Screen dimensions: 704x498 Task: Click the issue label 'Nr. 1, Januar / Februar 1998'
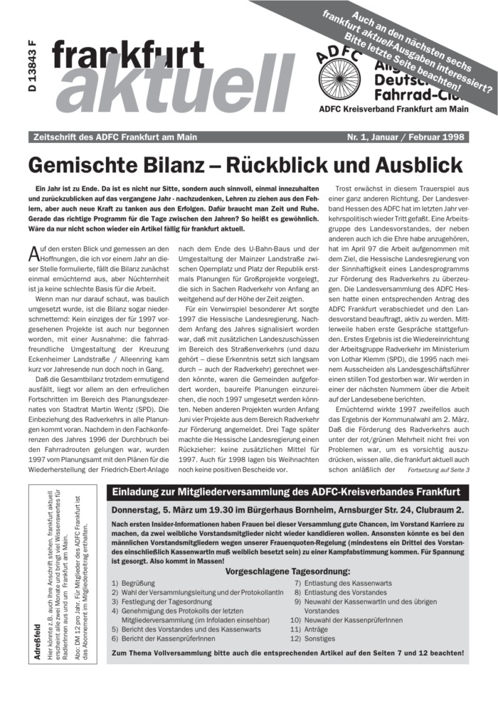click(408, 136)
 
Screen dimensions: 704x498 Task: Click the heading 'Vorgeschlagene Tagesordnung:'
click(287, 571)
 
